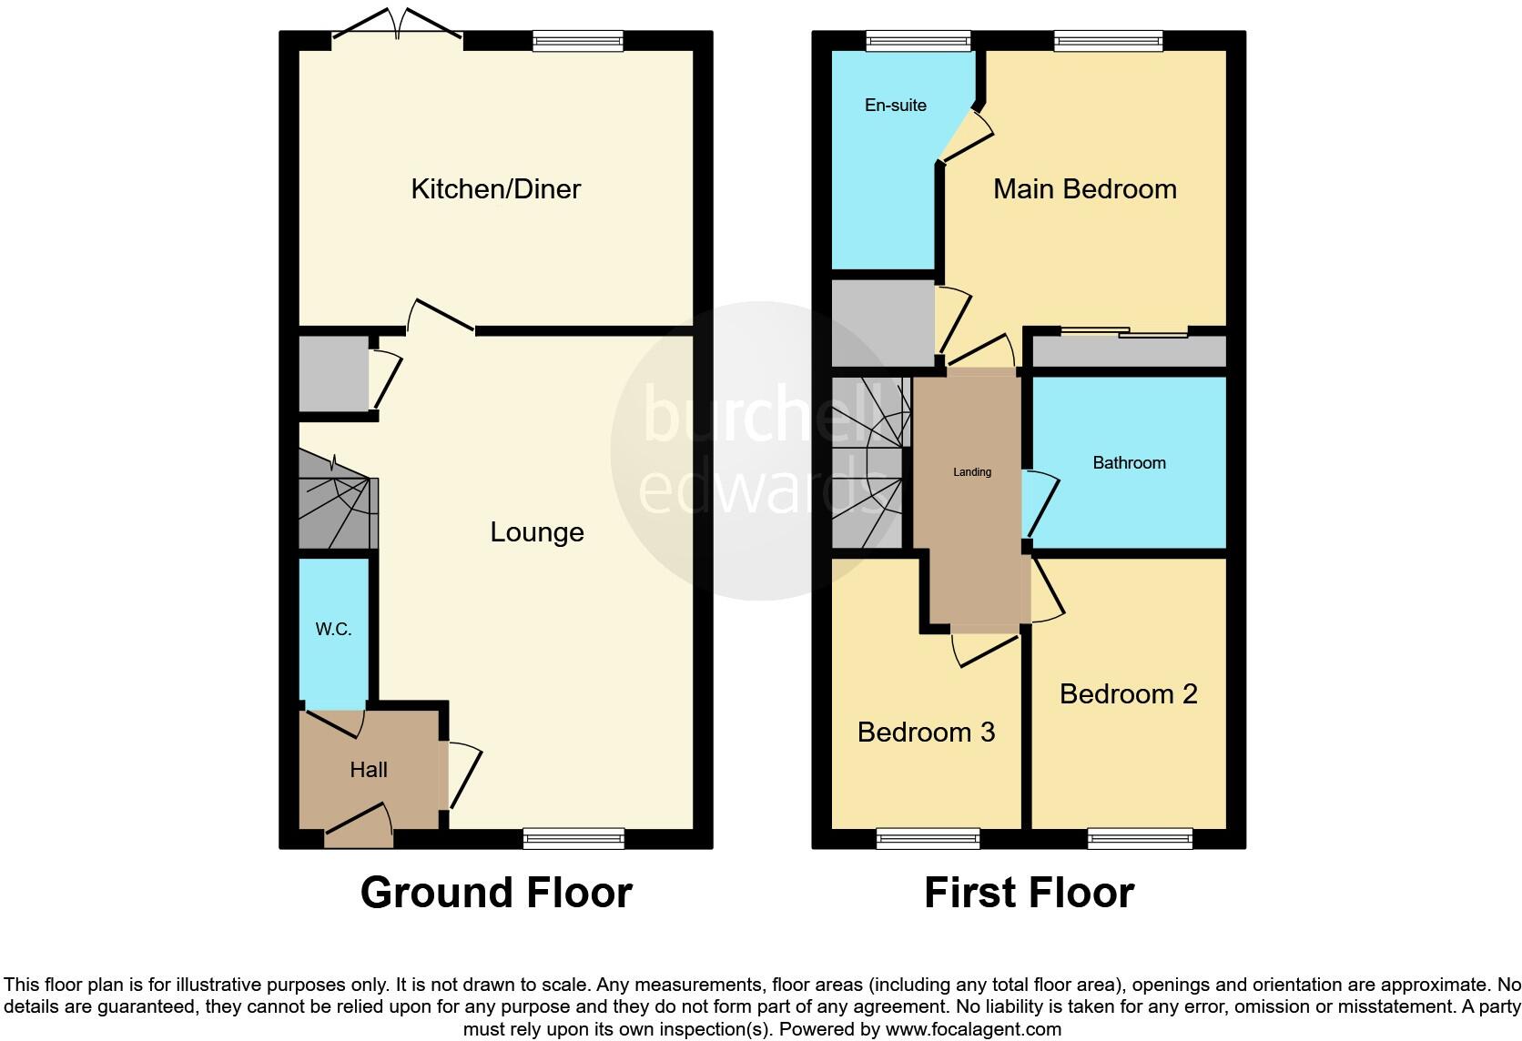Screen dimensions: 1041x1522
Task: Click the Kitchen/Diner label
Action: click(495, 188)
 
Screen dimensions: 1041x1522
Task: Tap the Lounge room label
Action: click(536, 531)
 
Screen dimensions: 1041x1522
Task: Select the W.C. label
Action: click(333, 629)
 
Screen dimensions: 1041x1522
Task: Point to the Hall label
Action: click(369, 770)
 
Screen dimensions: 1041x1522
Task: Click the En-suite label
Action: click(895, 106)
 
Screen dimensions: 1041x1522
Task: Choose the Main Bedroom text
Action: click(1084, 188)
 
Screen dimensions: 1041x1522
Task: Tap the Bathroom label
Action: click(1129, 462)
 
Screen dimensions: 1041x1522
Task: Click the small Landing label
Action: click(971, 471)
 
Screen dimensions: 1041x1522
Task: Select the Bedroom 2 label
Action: click(1128, 693)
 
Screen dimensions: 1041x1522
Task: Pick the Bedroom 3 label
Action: click(926, 732)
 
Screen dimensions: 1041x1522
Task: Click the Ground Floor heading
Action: click(496, 892)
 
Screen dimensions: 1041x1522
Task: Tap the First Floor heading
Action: click(1029, 892)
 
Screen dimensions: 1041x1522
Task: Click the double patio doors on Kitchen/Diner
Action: click(398, 27)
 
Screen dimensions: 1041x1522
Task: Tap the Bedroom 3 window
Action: click(928, 838)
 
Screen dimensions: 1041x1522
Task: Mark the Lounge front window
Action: click(573, 838)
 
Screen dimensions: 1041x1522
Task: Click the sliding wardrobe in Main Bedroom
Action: click(1128, 349)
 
